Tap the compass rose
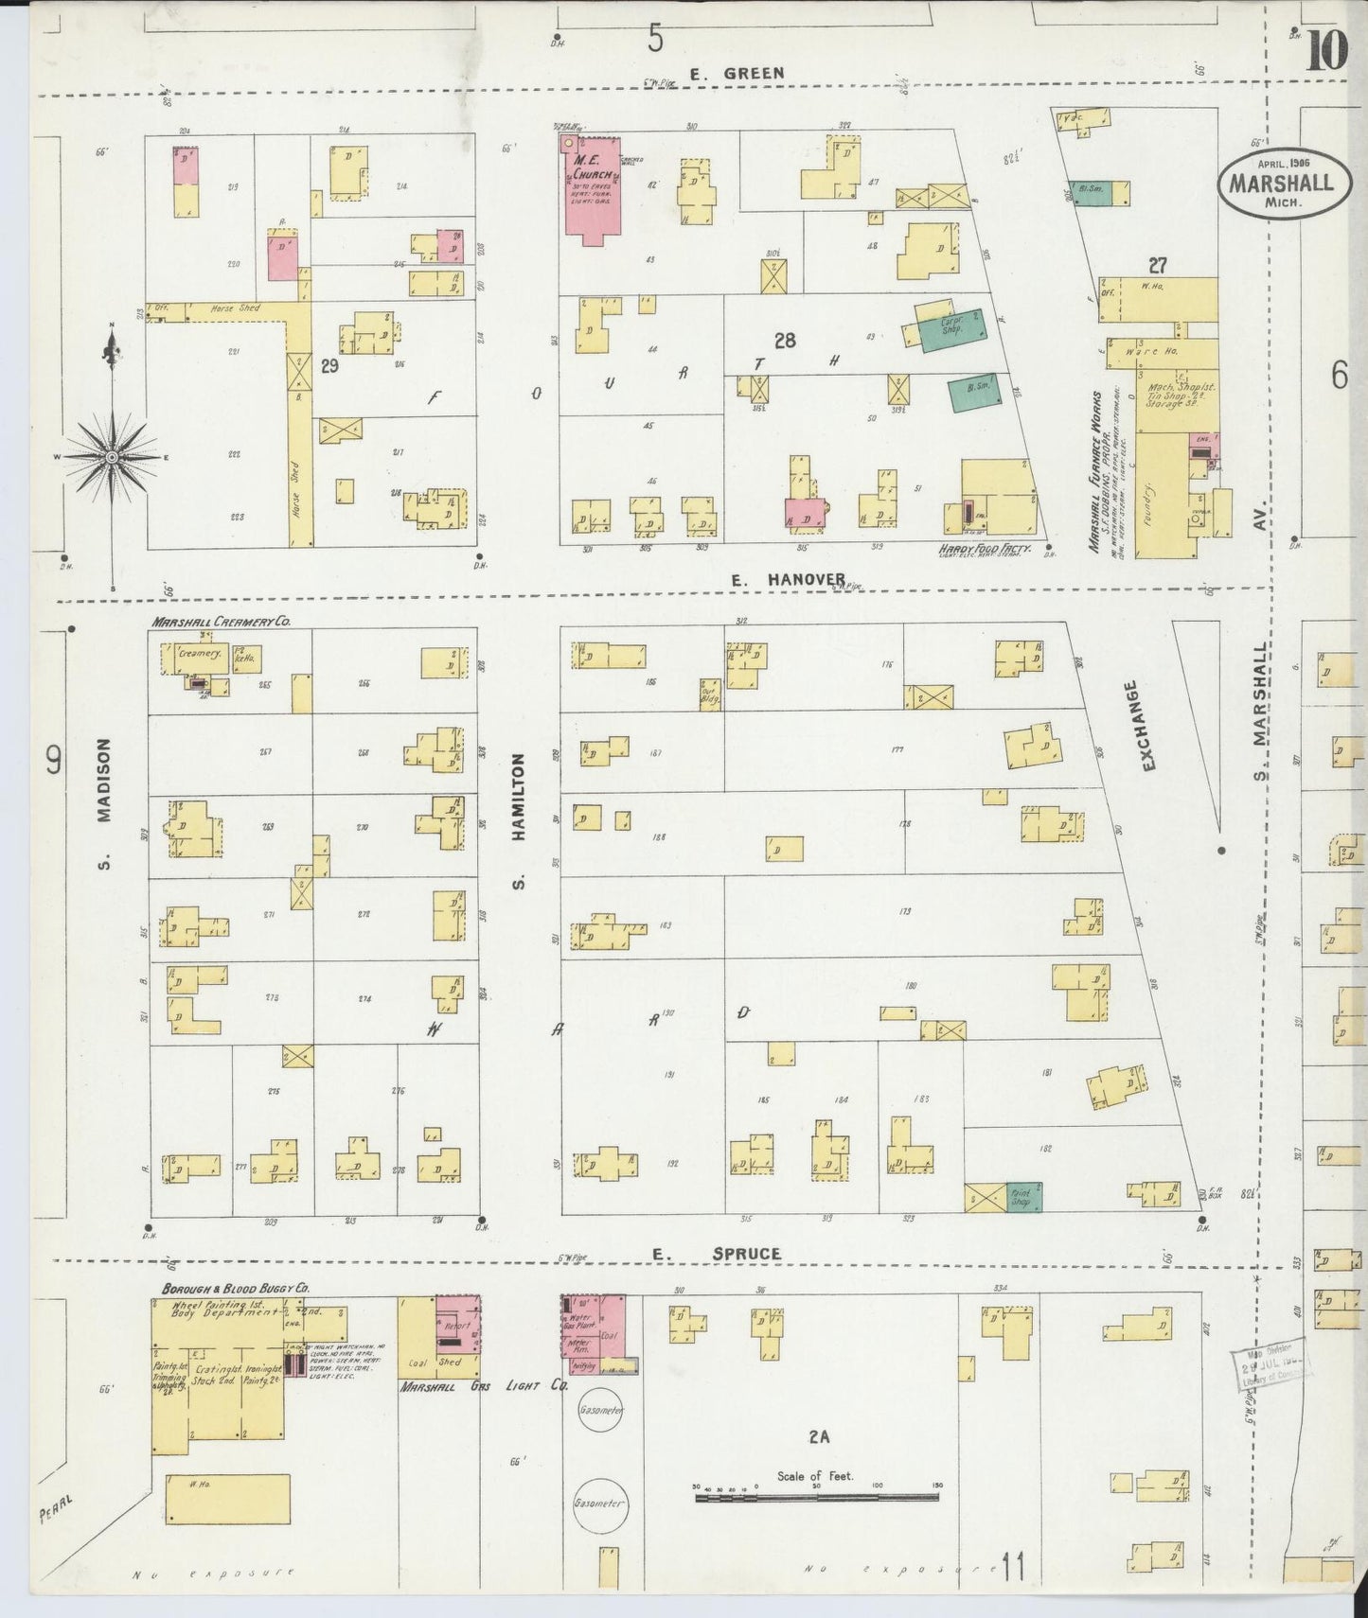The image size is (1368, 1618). click(x=112, y=457)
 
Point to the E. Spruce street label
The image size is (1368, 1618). click(x=717, y=1254)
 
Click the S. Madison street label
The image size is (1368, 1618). click(x=104, y=804)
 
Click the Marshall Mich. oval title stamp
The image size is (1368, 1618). click(x=1280, y=184)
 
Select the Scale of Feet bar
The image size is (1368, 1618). click(x=816, y=1498)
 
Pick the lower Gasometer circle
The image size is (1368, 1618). click(x=599, y=1503)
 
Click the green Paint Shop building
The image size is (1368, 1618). click(x=1022, y=1196)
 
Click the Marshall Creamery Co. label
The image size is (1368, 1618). click(x=220, y=623)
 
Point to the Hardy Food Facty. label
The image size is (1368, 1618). click(x=985, y=549)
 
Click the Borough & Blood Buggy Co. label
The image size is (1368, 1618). click(x=235, y=1289)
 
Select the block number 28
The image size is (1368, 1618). click(x=785, y=341)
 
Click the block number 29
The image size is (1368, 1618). click(x=329, y=367)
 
